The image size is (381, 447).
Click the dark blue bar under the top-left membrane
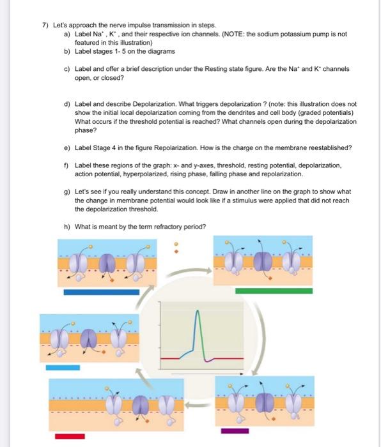tap(101, 292)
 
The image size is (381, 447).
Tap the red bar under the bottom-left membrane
tap(70, 436)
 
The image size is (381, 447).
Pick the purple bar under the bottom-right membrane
tap(235, 430)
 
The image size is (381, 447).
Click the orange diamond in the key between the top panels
tap(177, 252)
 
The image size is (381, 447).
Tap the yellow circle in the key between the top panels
tap(177, 243)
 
